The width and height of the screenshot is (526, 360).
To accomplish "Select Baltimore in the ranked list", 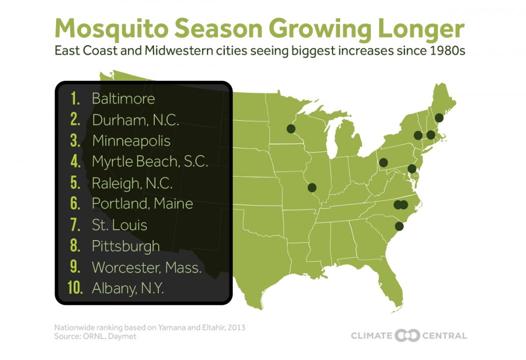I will pos(123,98).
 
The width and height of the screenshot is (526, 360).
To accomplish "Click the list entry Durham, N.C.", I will pos(135,120).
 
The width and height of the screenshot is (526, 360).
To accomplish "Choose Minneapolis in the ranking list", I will pos(131,141).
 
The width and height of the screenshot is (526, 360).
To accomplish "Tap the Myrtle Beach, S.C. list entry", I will pos(150,161).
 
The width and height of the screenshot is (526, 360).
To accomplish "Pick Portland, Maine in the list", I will pos(142,204).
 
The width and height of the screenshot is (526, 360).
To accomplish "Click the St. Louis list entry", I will pos(119,225).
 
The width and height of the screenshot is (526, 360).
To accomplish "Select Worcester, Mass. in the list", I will pos(146,267).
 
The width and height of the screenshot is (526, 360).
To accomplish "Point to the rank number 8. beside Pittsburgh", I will pos(76,246).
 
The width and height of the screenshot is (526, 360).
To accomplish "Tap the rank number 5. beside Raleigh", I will pos(76,183).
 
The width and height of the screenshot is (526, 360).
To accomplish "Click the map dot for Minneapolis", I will pos(291,129).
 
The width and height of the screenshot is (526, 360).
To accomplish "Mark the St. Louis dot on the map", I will pos(312,188).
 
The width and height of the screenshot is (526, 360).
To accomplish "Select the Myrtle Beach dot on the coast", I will pos(399,226).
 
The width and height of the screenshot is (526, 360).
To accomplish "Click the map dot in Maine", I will pos(439,118).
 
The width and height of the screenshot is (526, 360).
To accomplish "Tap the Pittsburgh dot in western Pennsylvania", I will pos(384,162).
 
